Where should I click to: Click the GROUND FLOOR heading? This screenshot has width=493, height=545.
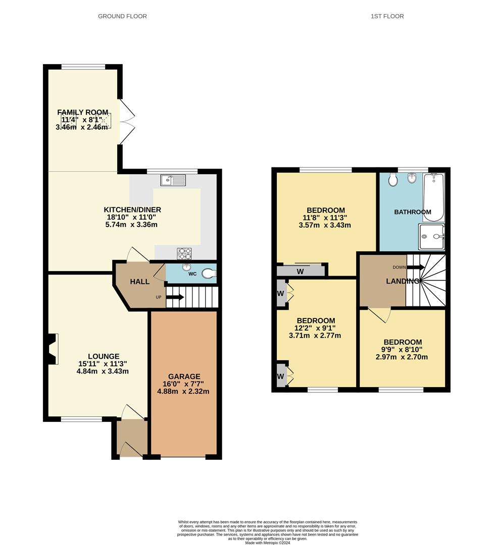(122, 16)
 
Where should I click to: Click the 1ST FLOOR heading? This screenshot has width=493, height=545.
(387, 16)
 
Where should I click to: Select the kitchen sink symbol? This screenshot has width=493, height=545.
(173, 180)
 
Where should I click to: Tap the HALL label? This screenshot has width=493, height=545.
(139, 282)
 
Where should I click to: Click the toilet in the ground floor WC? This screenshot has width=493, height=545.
(209, 274)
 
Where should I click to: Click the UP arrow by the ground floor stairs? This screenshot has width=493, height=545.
(174, 297)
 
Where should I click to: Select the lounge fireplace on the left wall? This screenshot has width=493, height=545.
(53, 348)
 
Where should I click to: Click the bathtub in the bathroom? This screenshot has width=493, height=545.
(433, 197)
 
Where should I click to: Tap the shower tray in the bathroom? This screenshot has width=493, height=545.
(431, 238)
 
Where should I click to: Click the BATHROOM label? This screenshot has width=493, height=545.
(413, 212)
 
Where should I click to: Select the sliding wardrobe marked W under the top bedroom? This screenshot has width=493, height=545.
(301, 271)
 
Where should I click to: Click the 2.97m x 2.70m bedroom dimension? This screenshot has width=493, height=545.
(402, 357)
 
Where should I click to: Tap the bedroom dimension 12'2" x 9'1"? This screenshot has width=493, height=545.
(316, 328)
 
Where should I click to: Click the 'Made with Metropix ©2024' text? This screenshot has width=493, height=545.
(267, 542)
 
